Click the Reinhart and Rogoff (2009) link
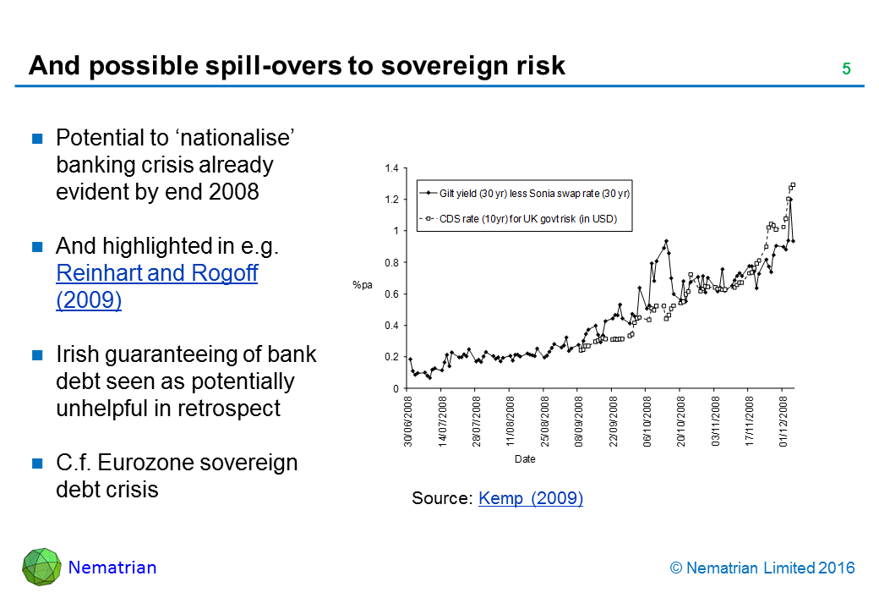point(156,287)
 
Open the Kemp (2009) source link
point(530,498)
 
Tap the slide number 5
point(845,69)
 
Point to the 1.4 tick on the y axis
point(391,169)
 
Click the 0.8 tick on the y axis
point(391,263)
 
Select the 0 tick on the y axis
point(395,388)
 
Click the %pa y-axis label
point(362,285)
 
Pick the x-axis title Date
point(525,459)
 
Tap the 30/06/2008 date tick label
point(408,421)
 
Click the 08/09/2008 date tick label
point(578,421)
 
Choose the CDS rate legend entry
point(528,219)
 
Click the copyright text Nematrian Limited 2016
point(762,568)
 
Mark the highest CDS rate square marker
point(793,184)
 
